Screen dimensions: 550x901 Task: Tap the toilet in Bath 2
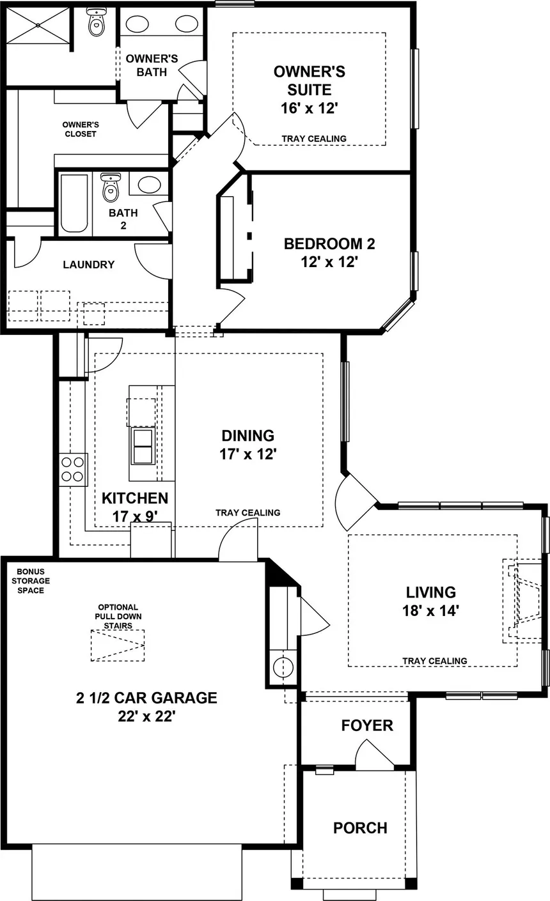click(x=111, y=187)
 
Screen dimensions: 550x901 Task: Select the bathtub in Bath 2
click(x=74, y=203)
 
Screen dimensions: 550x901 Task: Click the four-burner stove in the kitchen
click(x=73, y=470)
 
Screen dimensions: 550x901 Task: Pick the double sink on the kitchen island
click(x=143, y=446)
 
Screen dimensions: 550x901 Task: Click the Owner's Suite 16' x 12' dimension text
click(x=309, y=108)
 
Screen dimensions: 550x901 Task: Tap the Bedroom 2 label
click(x=329, y=243)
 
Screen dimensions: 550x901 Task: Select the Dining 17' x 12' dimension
click(x=247, y=454)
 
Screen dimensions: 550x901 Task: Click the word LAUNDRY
click(x=89, y=265)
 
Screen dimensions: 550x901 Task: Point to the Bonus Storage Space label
click(x=31, y=581)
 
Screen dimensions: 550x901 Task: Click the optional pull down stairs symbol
click(x=118, y=645)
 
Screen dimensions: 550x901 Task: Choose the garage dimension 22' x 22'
click(x=146, y=716)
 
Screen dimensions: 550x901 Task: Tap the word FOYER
click(x=367, y=726)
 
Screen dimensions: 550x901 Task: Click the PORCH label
click(x=360, y=828)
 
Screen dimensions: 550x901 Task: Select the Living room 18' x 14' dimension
click(x=431, y=611)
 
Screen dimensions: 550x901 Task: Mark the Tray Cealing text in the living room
click(x=435, y=661)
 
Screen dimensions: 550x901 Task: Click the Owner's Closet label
click(x=81, y=129)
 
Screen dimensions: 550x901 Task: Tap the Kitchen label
click(x=135, y=498)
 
